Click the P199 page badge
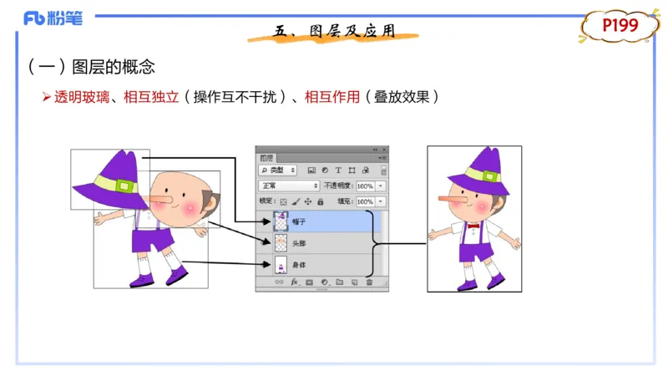click(x=620, y=26)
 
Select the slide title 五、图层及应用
click(x=334, y=32)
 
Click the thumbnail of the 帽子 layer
click(x=281, y=221)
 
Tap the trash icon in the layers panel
click(x=369, y=283)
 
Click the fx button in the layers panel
click(x=295, y=283)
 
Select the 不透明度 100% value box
click(x=366, y=185)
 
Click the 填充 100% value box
click(x=366, y=201)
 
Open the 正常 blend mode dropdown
click(x=289, y=185)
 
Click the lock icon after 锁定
click(x=321, y=201)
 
